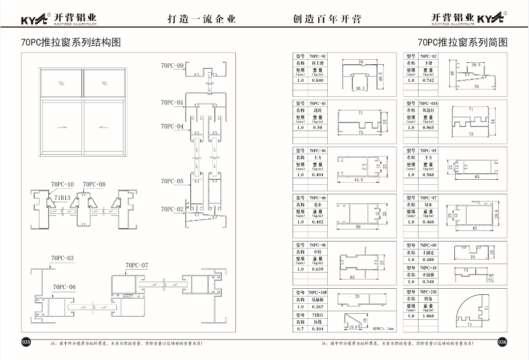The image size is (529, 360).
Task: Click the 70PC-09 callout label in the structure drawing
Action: click(172, 66)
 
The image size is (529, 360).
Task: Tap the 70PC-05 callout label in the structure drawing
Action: click(172, 181)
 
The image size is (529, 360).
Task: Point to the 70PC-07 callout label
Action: click(137, 265)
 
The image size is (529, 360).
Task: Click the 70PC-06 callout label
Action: click(64, 287)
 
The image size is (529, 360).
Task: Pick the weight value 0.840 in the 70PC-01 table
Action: click(318, 80)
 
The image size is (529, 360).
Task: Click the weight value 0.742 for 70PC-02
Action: click(428, 80)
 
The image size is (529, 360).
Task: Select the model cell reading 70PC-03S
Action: click(428, 103)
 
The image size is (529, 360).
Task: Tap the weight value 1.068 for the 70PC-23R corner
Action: click(428, 316)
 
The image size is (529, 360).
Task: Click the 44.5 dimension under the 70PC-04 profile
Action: click(358, 180)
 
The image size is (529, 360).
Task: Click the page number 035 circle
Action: click(26, 342)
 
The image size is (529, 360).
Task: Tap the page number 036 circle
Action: click(502, 342)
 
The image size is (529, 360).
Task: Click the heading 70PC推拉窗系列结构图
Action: click(71, 42)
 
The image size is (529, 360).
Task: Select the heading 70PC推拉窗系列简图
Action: click(462, 42)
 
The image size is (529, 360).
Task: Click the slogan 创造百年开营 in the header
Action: click(327, 19)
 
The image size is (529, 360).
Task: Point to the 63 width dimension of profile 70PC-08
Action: click(352, 277)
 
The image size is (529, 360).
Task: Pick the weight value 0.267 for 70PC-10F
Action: click(318, 307)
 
